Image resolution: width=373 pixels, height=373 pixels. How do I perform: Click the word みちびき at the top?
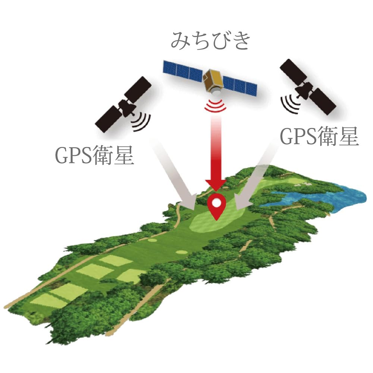210,41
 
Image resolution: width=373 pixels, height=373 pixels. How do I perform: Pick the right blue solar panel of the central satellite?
241,86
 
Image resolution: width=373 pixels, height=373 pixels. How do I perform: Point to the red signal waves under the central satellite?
216,106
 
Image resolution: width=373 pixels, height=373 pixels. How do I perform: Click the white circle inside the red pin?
216,203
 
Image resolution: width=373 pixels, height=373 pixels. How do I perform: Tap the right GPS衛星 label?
319,138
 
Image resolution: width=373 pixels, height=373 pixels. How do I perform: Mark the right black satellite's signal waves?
289,103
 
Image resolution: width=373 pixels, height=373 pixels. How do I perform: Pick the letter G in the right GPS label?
286,138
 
